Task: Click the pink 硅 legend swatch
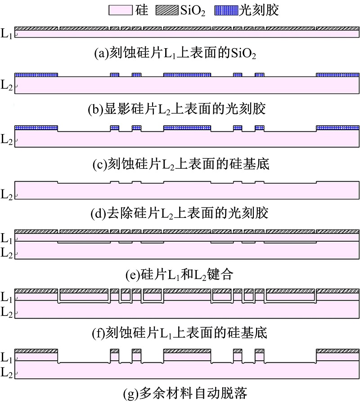(120, 9)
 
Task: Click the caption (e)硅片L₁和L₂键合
(180, 274)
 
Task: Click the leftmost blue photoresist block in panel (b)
(36, 74)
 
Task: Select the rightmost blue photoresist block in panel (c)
(337, 128)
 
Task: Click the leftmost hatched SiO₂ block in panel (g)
(36, 351)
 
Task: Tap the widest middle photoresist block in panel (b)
(187, 74)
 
